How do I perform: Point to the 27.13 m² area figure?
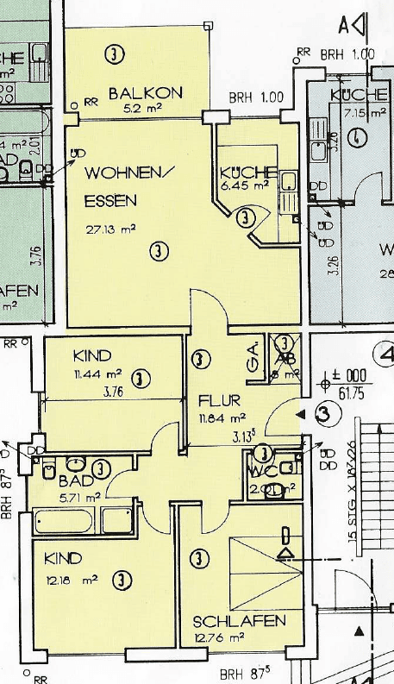pyautogui.click(x=110, y=229)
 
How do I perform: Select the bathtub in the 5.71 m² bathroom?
pyautogui.click(x=67, y=522)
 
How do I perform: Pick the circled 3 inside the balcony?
pyautogui.click(x=113, y=53)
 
